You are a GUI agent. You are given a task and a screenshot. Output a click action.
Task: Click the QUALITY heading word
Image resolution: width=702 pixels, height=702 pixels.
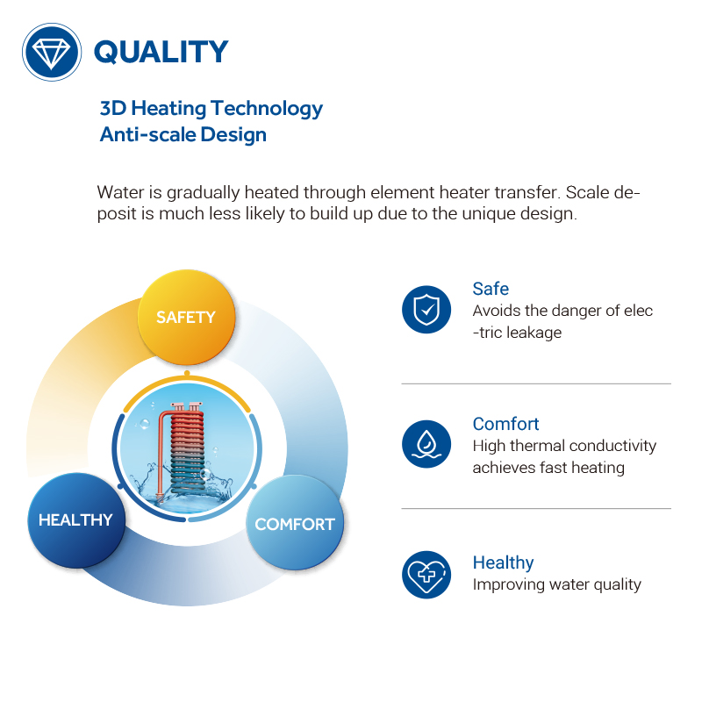point(161,52)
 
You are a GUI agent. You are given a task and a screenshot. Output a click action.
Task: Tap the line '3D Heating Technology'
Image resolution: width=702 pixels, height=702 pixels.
point(211,109)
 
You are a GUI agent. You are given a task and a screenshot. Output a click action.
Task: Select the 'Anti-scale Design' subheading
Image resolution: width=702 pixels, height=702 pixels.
point(183,135)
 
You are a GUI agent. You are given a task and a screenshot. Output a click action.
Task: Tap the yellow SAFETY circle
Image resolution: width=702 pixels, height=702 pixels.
point(185,318)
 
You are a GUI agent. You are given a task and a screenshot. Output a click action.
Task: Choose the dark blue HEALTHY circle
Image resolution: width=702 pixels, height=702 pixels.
point(75,520)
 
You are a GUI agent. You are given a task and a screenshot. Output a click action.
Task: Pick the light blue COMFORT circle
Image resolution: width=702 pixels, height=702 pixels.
point(295,524)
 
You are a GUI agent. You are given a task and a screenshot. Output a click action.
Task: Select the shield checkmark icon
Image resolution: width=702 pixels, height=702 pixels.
point(426,309)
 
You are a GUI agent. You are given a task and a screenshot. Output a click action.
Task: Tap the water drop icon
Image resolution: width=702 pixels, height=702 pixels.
point(426,443)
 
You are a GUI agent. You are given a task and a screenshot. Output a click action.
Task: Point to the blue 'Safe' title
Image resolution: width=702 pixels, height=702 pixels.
point(491,289)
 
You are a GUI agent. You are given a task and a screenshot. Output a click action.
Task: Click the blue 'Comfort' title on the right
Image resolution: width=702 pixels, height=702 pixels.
point(505,424)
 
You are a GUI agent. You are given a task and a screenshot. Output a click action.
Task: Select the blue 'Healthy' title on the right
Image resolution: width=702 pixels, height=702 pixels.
point(503,562)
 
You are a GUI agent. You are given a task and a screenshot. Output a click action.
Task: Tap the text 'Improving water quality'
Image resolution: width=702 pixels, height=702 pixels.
point(556,584)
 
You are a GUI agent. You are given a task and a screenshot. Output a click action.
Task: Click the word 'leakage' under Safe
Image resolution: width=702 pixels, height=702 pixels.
point(533,333)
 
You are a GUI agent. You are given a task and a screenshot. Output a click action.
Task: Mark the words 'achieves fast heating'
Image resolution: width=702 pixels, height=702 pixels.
point(548,468)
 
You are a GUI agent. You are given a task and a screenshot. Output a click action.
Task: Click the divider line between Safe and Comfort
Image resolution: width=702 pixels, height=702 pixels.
point(535,383)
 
